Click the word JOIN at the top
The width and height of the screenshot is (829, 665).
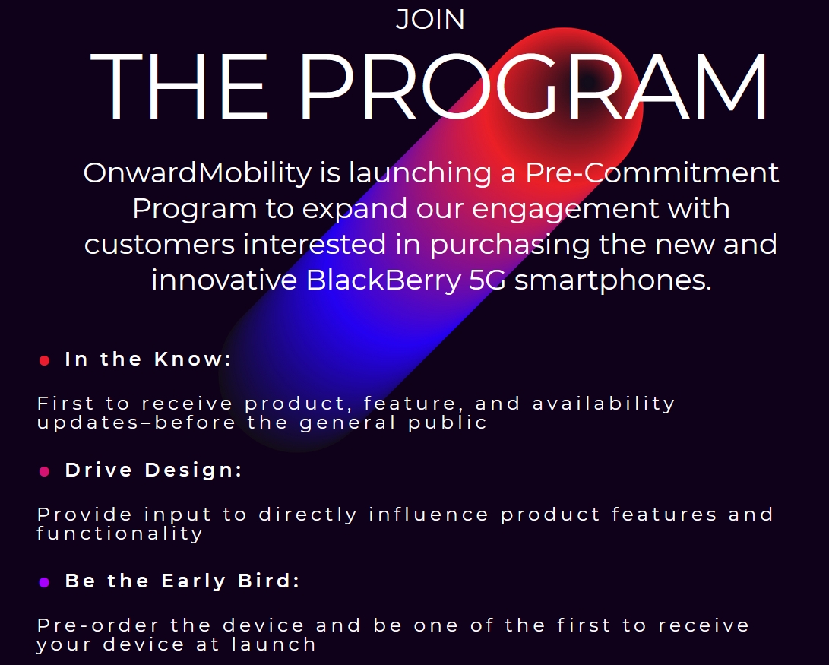click(x=430, y=19)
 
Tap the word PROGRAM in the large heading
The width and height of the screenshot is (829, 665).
click(x=533, y=86)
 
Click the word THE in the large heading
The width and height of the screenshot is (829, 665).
click(x=179, y=86)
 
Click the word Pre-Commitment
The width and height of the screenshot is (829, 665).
click(x=652, y=173)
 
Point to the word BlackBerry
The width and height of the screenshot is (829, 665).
click(x=384, y=280)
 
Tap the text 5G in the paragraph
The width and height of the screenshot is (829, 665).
click(x=487, y=280)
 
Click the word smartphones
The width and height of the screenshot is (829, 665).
click(x=612, y=280)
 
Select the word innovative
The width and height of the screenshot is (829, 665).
click(x=224, y=280)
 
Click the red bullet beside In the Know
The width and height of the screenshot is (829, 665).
click(x=44, y=360)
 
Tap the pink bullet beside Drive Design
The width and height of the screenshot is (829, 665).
click(x=44, y=471)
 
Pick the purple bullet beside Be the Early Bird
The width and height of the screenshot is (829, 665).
click(x=44, y=582)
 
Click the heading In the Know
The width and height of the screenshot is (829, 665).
click(x=149, y=359)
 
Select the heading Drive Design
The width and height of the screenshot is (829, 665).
click(x=153, y=470)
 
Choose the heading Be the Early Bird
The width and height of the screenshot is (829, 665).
click(x=182, y=581)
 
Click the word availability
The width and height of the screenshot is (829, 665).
click(x=604, y=404)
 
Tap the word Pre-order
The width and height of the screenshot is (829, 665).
click(x=98, y=625)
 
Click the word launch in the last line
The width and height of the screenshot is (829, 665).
click(x=274, y=644)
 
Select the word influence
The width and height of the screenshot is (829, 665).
click(x=429, y=514)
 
